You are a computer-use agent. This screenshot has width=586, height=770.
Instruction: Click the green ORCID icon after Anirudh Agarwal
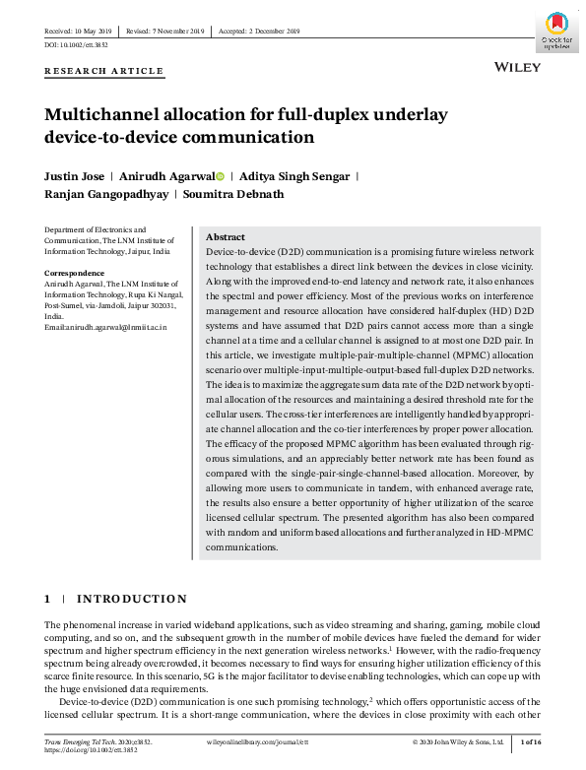221,176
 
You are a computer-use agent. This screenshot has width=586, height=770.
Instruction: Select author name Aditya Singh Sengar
281,176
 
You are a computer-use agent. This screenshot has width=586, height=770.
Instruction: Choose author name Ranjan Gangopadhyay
105,194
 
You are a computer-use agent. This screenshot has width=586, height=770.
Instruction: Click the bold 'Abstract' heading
225,237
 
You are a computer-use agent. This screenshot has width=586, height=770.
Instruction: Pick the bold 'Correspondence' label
75,272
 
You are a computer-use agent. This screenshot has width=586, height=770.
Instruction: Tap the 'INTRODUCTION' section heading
132,599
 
